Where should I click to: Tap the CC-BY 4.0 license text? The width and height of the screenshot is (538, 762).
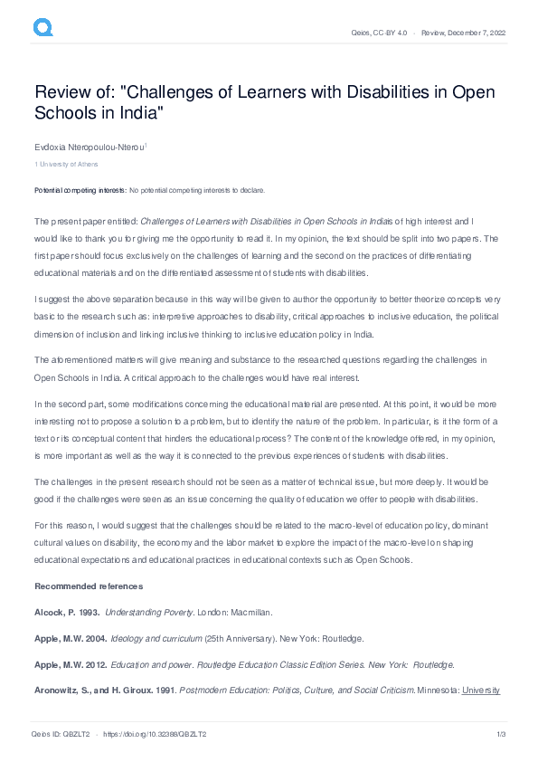tap(390, 33)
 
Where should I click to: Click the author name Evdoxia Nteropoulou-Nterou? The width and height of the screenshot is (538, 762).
tap(89, 145)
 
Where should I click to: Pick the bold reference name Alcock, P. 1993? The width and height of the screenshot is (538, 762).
tap(66, 613)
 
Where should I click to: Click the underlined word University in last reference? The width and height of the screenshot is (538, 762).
tap(481, 690)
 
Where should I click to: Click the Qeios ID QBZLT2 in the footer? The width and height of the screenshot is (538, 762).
tap(61, 732)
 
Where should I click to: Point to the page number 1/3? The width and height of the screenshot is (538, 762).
tap(500, 732)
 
